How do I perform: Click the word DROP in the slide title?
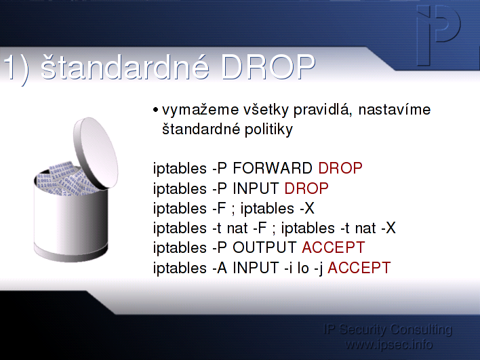268,66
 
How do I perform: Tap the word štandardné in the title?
125,66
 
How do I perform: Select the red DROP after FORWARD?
340,168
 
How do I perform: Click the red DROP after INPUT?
306,188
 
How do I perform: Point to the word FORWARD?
273,168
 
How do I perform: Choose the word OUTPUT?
264,247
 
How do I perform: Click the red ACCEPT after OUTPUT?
334,247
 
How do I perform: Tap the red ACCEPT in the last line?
359,268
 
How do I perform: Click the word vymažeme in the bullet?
200,111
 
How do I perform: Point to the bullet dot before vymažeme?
155,110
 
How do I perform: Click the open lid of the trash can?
96,153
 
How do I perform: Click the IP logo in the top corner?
439,35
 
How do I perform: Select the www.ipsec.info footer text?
388,344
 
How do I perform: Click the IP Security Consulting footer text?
388,329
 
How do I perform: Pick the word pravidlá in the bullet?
321,111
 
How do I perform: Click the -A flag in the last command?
220,268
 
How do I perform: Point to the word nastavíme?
395,110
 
